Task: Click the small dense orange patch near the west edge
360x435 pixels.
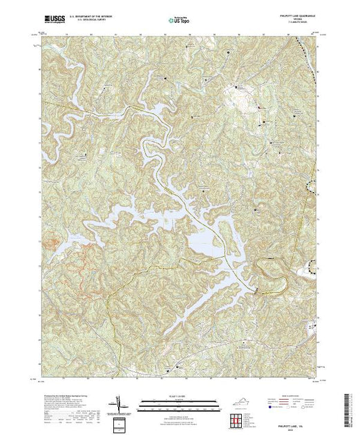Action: (x=50, y=242)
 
